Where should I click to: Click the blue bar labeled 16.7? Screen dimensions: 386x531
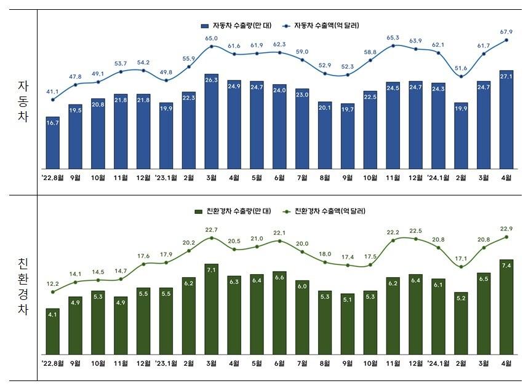pyautogui.click(x=53, y=143)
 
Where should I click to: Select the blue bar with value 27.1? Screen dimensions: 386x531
pyautogui.click(x=507, y=120)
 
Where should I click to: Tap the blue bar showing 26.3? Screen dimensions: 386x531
pyautogui.click(x=212, y=121)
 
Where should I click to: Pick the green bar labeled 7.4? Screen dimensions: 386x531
pyautogui.click(x=507, y=307)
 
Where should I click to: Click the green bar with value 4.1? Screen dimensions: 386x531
pyautogui.click(x=53, y=331)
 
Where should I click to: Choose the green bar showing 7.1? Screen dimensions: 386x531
pyautogui.click(x=212, y=309)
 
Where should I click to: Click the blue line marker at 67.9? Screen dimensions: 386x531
pyautogui.click(x=507, y=40)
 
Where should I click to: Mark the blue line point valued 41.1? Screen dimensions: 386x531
pyautogui.click(x=53, y=100)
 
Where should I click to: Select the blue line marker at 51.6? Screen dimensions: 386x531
pyautogui.click(x=461, y=76)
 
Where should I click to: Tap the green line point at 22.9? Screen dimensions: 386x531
pyautogui.click(x=507, y=237)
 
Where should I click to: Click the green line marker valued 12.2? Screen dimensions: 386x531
pyautogui.click(x=53, y=292)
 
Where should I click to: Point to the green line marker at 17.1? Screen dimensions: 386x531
pyautogui.click(x=461, y=266)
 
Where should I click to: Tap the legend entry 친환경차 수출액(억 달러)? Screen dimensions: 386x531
pyautogui.click(x=325, y=211)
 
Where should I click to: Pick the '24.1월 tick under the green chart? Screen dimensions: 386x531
pyautogui.click(x=438, y=363)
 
